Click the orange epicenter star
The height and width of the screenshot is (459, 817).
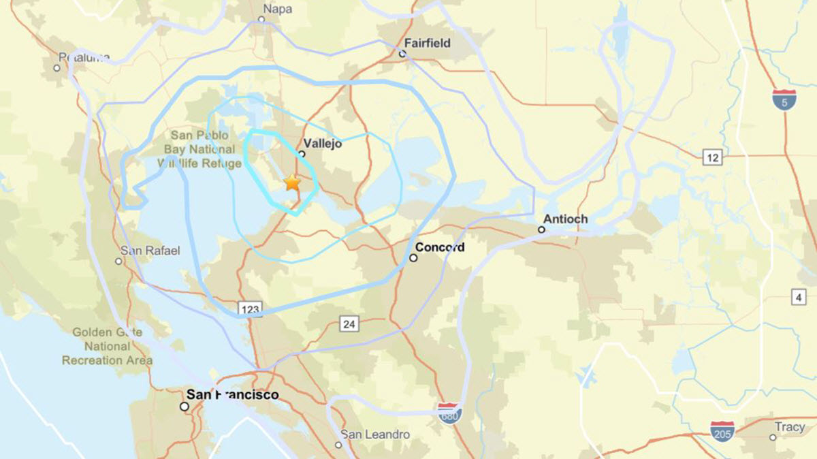click(292, 183)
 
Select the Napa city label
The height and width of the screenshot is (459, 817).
click(277, 9)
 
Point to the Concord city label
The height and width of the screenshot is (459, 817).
click(440, 247)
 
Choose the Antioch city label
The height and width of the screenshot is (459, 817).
click(565, 219)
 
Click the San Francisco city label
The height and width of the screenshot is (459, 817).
click(232, 394)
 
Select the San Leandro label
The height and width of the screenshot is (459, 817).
click(375, 434)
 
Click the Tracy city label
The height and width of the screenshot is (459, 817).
click(789, 427)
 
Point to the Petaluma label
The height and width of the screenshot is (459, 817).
click(84, 57)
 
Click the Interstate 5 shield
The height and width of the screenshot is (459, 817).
click(785, 99)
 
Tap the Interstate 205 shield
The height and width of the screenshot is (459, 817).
click(722, 431)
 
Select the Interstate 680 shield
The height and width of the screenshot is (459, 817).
click(449, 413)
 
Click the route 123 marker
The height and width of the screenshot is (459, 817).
click(250, 310)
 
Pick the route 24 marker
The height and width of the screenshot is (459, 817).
click(349, 324)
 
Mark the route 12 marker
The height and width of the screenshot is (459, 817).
click(713, 158)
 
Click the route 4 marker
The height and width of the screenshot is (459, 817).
click(799, 296)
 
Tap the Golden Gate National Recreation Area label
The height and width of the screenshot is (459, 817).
click(107, 346)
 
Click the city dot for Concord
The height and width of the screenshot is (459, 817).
click(413, 258)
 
